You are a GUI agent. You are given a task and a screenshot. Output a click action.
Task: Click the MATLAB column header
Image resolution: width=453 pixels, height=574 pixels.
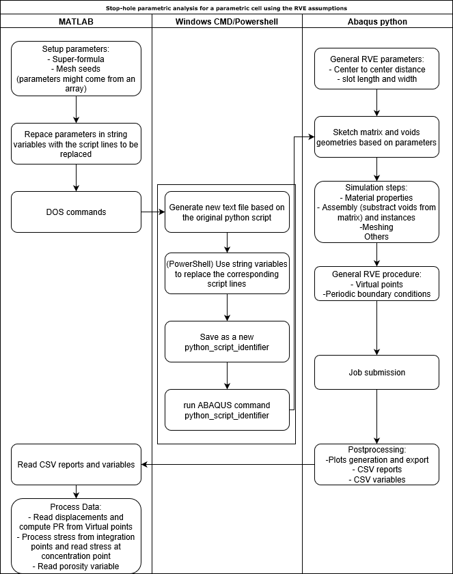tap(76, 22)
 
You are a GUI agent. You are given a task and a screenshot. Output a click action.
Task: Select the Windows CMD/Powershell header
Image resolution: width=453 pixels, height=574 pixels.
tap(227, 22)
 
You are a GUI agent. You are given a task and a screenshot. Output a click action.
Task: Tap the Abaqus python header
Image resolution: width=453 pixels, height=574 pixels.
tap(377, 22)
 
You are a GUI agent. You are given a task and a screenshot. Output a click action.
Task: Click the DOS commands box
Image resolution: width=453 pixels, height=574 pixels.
tap(76, 212)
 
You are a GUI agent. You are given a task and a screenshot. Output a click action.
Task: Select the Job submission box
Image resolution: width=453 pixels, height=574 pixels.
tap(376, 372)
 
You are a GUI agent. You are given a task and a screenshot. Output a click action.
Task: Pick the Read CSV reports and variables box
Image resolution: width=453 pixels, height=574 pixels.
tap(76, 465)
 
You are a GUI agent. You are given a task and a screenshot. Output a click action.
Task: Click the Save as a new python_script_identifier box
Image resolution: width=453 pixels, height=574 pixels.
tap(227, 341)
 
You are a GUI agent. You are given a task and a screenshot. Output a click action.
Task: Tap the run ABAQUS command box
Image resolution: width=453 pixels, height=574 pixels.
tap(227, 410)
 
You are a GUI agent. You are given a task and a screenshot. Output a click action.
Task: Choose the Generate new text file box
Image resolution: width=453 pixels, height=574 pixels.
tap(227, 212)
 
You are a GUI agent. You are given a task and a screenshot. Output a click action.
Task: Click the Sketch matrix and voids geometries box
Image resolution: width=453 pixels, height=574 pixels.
tap(376, 137)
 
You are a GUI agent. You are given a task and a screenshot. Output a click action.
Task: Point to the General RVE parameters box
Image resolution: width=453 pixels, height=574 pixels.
tap(376, 68)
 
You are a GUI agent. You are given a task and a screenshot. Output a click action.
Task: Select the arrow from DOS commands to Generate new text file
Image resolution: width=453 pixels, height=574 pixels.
tap(153, 212)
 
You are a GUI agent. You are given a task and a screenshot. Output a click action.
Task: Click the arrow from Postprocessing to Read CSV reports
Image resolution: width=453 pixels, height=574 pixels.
tap(228, 465)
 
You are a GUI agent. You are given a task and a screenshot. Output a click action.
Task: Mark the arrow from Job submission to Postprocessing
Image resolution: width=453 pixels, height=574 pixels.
tap(376, 416)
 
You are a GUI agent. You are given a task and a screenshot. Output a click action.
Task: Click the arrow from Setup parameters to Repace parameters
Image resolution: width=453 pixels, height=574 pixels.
tap(76, 109)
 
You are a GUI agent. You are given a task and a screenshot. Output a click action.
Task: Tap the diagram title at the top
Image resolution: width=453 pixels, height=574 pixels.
tap(226, 8)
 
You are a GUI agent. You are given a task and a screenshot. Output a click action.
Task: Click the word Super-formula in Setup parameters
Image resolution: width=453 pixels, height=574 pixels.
tap(78, 59)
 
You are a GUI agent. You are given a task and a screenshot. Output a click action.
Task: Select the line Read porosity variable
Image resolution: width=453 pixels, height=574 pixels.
tap(76, 566)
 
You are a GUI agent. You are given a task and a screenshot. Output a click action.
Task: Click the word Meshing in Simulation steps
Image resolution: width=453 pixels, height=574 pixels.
tap(376, 227)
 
